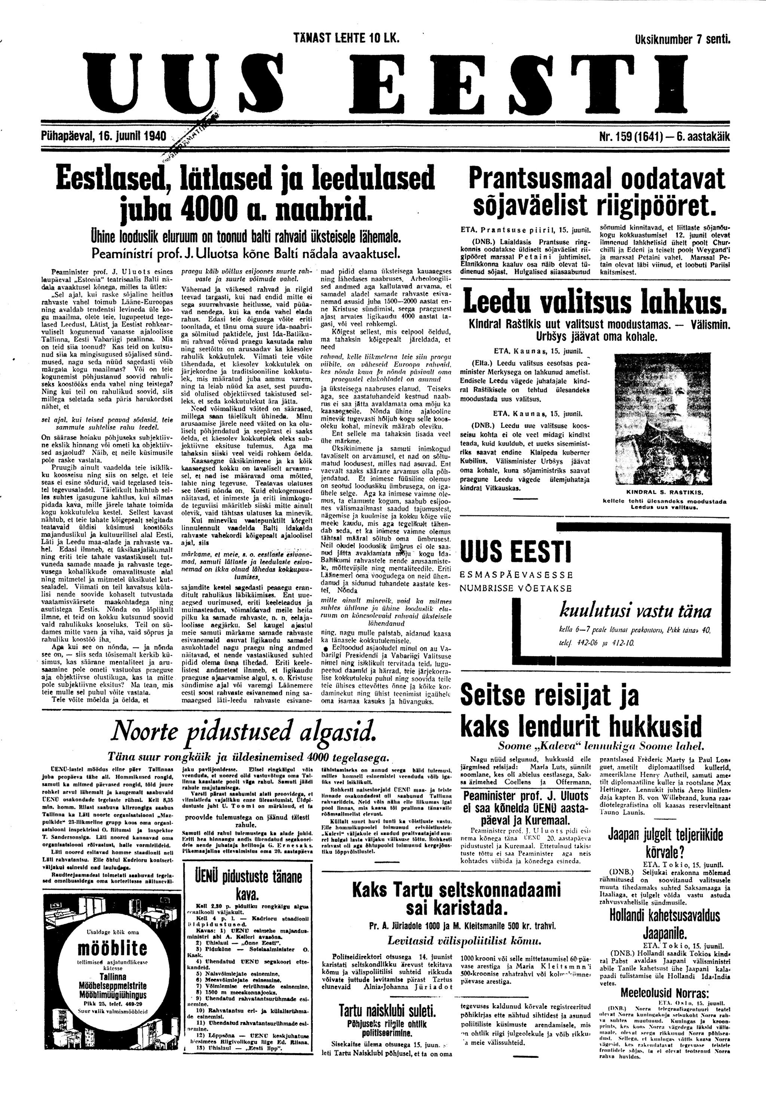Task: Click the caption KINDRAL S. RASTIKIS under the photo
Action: (x=664, y=492)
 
